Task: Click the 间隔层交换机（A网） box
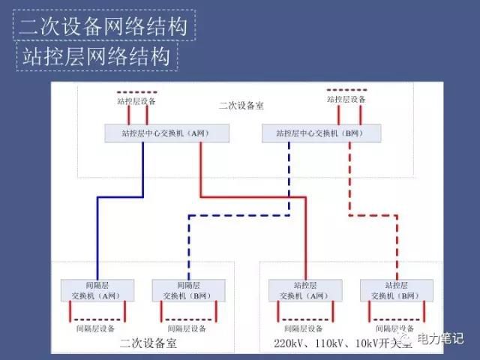click(97, 291)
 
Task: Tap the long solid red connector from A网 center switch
click(255, 198)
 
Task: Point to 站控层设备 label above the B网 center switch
click(347, 99)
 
